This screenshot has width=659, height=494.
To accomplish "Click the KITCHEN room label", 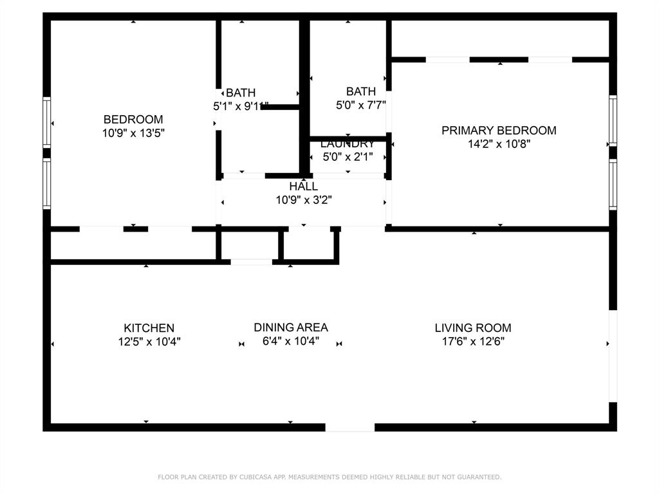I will (x=149, y=328).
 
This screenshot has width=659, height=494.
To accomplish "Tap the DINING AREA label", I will (x=290, y=327).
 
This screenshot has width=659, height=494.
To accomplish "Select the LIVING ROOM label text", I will (x=472, y=328).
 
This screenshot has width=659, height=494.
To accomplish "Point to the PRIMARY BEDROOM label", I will (x=499, y=131).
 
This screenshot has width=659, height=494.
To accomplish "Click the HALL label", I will (x=303, y=187).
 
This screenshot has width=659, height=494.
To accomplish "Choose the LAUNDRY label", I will (x=348, y=143).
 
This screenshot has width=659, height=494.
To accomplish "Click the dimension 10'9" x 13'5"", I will (x=133, y=133).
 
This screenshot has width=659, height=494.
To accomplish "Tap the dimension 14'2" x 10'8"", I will (x=499, y=144).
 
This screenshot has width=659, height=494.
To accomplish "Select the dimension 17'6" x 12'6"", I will (x=472, y=342).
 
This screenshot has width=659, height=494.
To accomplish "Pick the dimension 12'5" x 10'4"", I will (x=149, y=342).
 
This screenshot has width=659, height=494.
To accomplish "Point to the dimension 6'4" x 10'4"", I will (x=290, y=342).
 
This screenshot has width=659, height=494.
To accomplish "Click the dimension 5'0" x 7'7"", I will (x=360, y=105).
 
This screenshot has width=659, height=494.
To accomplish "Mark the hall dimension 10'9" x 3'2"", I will (x=303, y=200).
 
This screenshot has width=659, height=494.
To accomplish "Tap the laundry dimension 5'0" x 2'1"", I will (x=348, y=156).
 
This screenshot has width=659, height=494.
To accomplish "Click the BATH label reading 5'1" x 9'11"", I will (x=241, y=93).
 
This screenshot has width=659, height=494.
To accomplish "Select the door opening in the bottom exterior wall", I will (x=349, y=427).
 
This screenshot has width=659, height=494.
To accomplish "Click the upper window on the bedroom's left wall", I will (x=46, y=122).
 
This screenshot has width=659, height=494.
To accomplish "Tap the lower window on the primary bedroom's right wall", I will (x=613, y=185).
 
